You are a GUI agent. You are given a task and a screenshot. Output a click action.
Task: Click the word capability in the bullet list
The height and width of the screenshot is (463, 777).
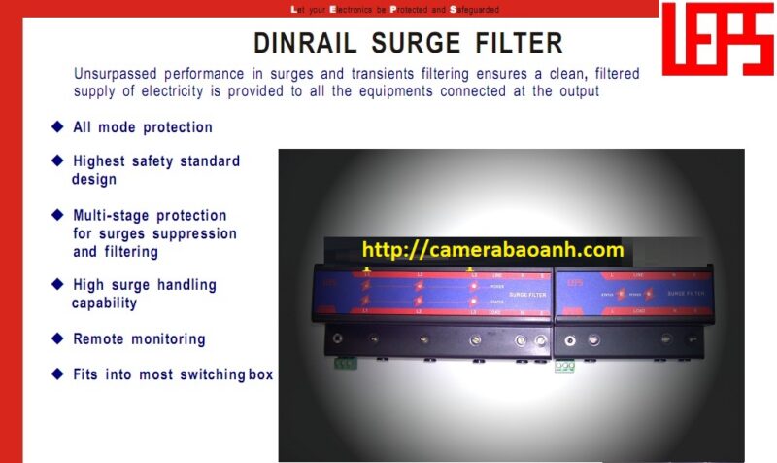pos(104,303)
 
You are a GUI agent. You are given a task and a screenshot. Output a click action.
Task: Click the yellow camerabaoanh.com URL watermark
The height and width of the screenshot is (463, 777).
pos(492,251)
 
